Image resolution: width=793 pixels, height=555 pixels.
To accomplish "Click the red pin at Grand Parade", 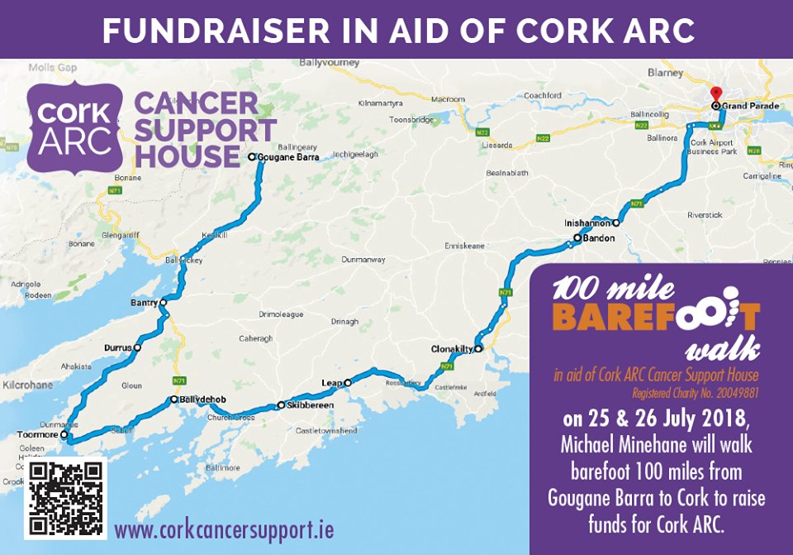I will pos(716,93).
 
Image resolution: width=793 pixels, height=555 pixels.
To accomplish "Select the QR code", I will pos(66,498).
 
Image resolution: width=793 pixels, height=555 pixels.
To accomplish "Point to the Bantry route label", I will pos(144,303).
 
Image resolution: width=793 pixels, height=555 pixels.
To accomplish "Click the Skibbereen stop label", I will pos(311,405).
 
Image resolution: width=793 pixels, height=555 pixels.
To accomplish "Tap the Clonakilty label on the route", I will pos(451,349).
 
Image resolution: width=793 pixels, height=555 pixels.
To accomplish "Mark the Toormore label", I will pos(37,433).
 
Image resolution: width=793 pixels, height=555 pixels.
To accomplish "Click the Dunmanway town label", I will pos(363,260).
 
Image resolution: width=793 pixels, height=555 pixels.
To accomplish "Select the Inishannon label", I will pos(587,222).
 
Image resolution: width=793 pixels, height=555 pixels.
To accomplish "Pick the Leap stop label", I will pos(332,382).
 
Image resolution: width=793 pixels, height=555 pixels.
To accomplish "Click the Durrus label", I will pos(118,348).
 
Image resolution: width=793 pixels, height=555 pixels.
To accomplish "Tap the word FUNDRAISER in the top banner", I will pos(186,29).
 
